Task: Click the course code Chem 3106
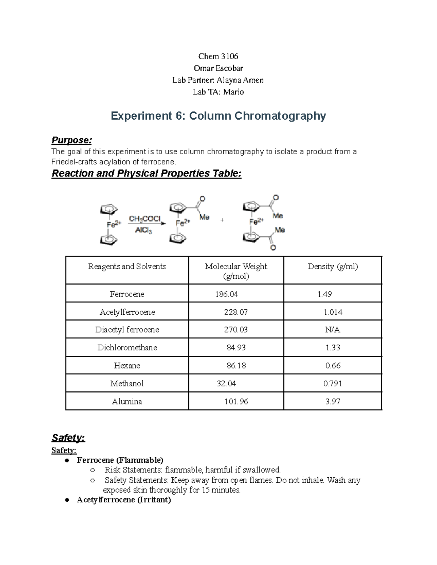click(218, 56)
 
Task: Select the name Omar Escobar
click(218, 68)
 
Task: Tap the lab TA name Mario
click(233, 92)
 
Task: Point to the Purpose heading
click(72, 140)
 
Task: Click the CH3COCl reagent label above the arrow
click(145, 219)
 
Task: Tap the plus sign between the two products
click(222, 220)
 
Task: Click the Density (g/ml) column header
click(332, 267)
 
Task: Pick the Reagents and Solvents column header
click(127, 267)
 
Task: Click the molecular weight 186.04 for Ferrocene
click(227, 294)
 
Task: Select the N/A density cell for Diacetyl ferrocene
click(332, 330)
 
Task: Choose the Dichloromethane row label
click(127, 347)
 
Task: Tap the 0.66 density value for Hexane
click(333, 366)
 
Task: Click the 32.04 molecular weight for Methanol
click(226, 383)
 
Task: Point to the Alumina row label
click(127, 402)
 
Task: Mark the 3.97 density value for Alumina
click(333, 402)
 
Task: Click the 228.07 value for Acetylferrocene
click(236, 312)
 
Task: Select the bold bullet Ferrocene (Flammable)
click(120, 460)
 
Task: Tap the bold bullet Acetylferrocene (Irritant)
click(124, 500)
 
